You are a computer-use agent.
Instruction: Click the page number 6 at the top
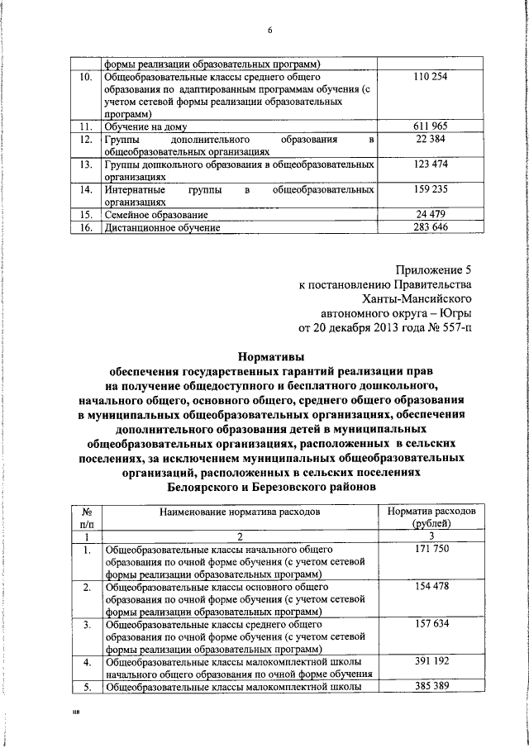click(269, 31)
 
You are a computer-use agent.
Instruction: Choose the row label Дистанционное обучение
click(162, 227)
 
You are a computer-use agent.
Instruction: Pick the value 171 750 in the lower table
click(430, 550)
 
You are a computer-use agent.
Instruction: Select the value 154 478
click(430, 587)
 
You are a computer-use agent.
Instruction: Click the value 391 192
click(430, 662)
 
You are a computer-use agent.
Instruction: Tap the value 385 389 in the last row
click(430, 687)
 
